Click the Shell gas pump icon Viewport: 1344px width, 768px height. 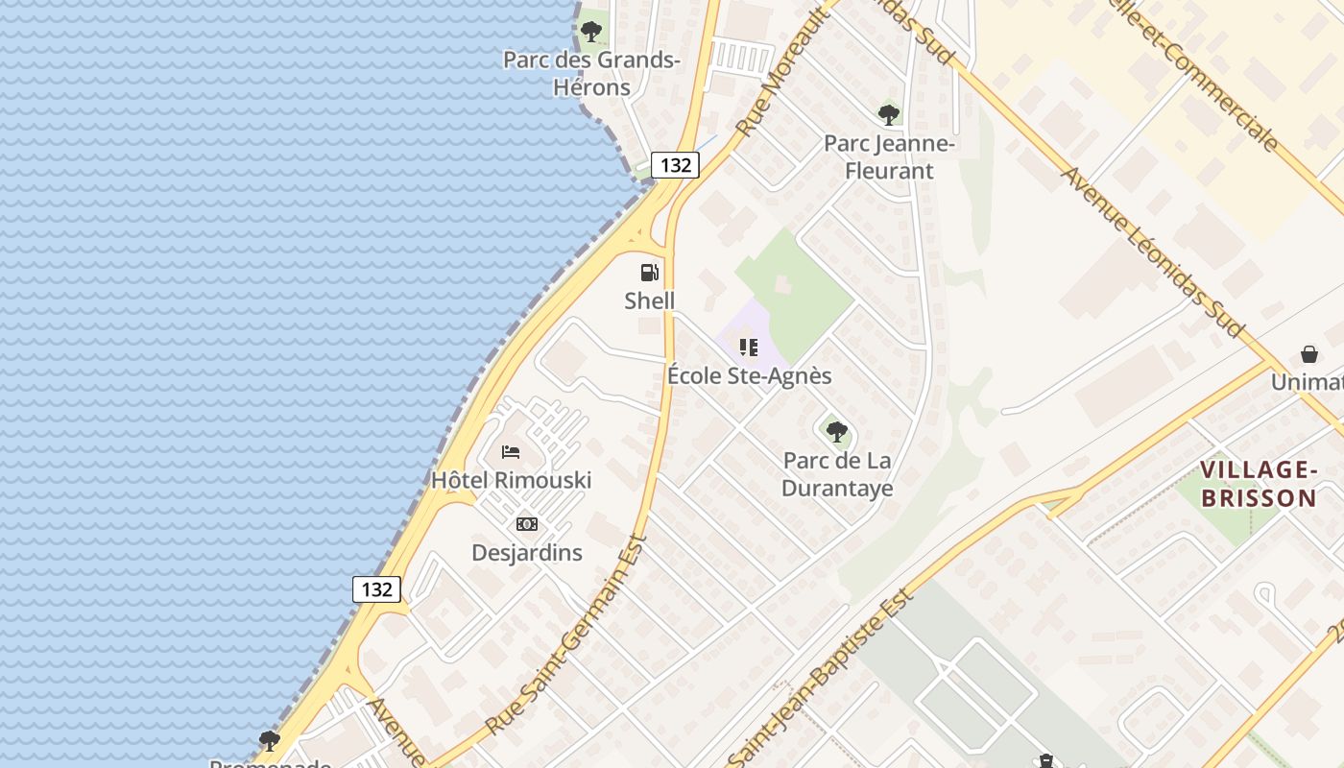click(x=650, y=272)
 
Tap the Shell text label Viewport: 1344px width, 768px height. click(x=650, y=300)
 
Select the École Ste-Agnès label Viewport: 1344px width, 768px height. click(x=749, y=375)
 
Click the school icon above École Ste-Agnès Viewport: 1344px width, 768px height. click(x=749, y=347)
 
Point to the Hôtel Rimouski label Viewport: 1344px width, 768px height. click(x=511, y=480)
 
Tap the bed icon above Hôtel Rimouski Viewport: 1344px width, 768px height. click(x=511, y=451)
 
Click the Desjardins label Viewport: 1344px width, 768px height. click(x=527, y=553)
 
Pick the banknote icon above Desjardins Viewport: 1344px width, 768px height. click(x=527, y=524)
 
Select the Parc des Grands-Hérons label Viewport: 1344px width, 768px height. click(x=592, y=74)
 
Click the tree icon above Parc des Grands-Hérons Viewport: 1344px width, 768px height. click(x=591, y=32)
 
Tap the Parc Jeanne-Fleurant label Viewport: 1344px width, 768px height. click(x=889, y=157)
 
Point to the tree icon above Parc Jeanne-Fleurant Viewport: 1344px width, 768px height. click(x=889, y=115)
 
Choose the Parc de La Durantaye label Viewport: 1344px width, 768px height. click(x=837, y=474)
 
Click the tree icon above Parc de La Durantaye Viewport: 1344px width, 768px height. click(x=837, y=431)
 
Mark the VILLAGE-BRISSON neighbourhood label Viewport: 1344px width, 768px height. click(x=1258, y=484)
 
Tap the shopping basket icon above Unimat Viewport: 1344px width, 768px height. click(x=1309, y=354)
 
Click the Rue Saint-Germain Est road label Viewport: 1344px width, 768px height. click(x=566, y=636)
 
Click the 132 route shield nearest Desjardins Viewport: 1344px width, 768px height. click(x=376, y=588)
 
